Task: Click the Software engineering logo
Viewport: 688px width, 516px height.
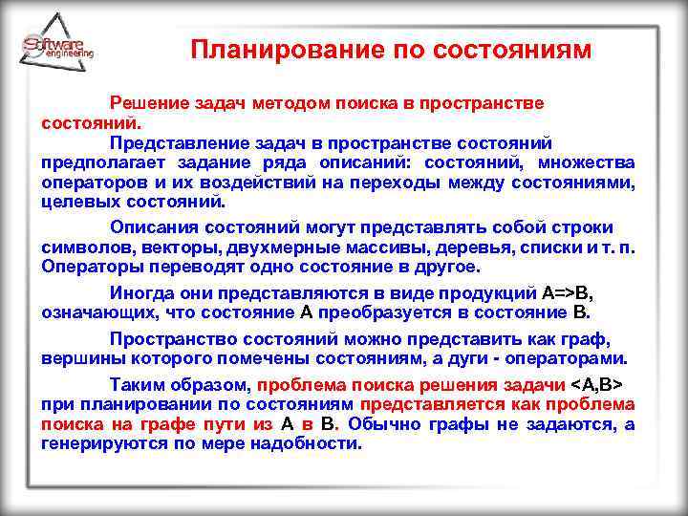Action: tap(57, 49)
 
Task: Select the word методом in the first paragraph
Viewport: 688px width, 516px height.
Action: tap(285, 102)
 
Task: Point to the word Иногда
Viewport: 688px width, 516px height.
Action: tap(142, 292)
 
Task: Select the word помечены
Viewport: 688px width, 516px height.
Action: tap(275, 359)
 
